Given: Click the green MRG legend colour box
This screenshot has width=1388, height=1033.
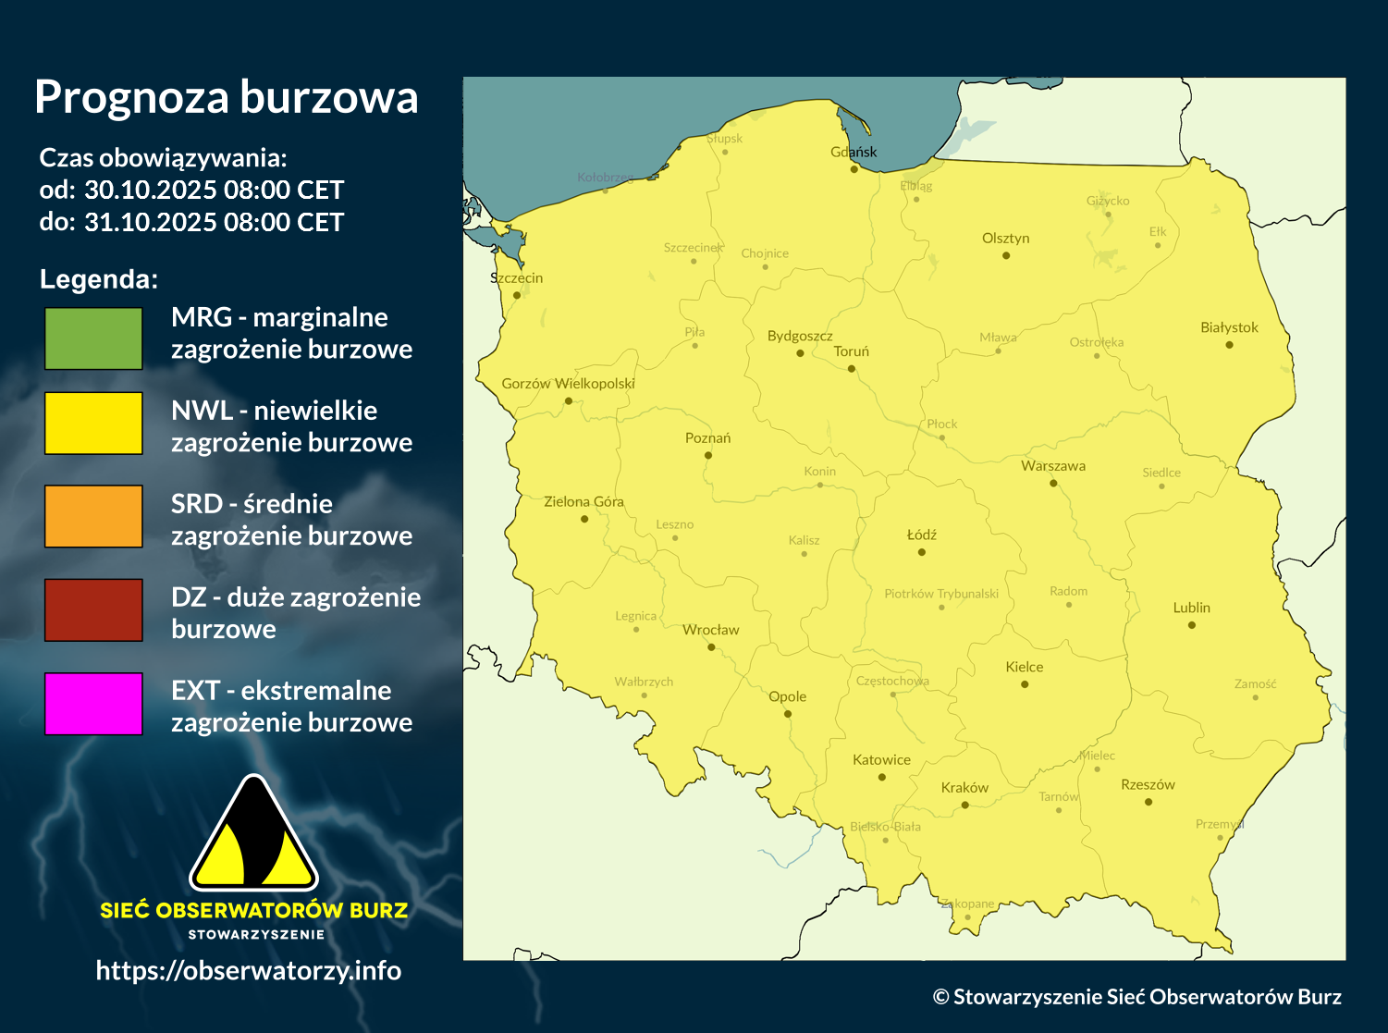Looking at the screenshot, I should (93, 338).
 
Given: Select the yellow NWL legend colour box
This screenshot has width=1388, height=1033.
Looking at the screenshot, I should (93, 423).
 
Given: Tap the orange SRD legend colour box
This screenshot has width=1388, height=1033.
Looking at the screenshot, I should (93, 516).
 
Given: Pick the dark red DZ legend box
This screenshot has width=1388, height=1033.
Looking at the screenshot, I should (93, 609).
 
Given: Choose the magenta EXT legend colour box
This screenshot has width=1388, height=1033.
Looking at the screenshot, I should (93, 704).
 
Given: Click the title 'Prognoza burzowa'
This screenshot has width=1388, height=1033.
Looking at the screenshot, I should (226, 97).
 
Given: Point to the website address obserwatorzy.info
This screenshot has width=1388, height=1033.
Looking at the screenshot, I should (248, 970).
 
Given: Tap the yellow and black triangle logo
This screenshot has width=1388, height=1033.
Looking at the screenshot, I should (253, 835).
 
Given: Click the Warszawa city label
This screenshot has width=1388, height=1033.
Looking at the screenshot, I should (1053, 466).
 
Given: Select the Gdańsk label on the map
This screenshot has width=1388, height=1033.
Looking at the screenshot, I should (854, 152).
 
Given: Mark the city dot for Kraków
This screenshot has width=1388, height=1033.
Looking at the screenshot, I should (964, 805).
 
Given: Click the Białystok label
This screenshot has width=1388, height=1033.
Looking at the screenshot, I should (1229, 327).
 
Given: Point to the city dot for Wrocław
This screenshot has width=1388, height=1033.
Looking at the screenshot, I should (711, 647).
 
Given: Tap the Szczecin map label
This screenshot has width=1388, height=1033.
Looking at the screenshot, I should (516, 277).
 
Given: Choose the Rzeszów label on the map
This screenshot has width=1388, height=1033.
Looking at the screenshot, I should (1148, 784).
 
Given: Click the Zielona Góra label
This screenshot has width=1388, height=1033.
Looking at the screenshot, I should (583, 501).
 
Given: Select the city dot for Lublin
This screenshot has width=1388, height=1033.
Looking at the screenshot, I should (1191, 625).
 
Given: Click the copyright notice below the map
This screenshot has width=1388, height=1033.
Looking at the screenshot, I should (1136, 996).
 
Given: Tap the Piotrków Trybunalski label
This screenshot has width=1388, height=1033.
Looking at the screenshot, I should (941, 594).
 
